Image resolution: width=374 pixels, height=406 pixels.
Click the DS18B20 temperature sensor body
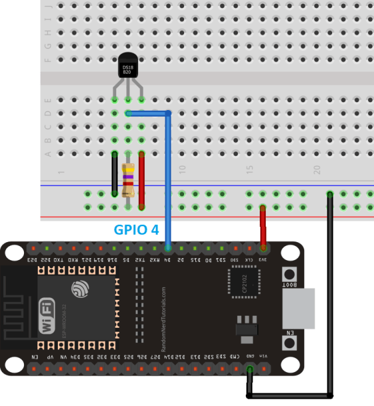coord(127,68)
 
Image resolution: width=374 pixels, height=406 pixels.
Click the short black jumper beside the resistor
coord(115,173)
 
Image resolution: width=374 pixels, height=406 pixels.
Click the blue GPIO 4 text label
coord(136,230)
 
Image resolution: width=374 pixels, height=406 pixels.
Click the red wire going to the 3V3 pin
coord(263,226)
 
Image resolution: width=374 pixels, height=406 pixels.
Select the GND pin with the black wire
coord(250,370)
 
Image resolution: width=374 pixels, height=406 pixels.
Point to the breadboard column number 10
coord(182,170)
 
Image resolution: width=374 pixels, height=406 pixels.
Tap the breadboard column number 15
coord(250,170)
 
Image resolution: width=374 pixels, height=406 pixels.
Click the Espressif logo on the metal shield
coord(80,289)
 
